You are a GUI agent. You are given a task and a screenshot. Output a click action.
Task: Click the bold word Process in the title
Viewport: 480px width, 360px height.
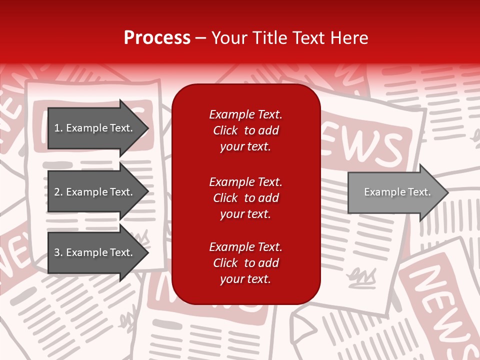157,37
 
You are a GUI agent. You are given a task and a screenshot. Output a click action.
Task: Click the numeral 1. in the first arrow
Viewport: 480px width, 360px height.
58,128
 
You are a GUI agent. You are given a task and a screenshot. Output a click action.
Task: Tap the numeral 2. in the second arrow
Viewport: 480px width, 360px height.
58,192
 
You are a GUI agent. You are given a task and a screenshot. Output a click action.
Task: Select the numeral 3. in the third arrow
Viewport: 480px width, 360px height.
58,252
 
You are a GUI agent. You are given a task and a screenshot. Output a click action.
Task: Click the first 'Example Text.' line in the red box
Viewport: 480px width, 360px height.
245,114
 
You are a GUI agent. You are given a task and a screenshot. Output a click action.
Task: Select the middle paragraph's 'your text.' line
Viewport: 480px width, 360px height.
245,214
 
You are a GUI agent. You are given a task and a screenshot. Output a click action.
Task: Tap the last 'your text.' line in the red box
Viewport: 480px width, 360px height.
245,279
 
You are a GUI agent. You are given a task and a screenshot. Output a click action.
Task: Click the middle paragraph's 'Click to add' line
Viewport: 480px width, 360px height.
245,198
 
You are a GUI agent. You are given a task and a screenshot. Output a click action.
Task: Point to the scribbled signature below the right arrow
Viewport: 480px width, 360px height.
362,275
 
